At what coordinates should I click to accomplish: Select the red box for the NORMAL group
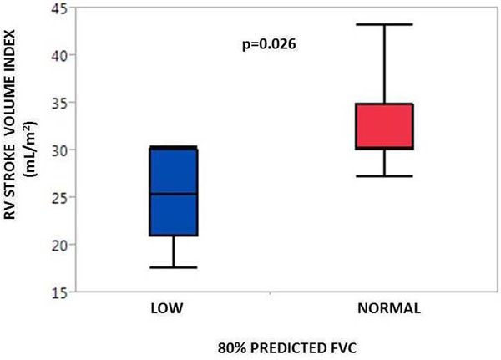click(385, 126)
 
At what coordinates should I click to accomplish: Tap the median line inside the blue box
click(173, 194)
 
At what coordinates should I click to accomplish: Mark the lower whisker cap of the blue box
click(173, 267)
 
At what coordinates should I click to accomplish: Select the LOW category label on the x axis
click(166, 308)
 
